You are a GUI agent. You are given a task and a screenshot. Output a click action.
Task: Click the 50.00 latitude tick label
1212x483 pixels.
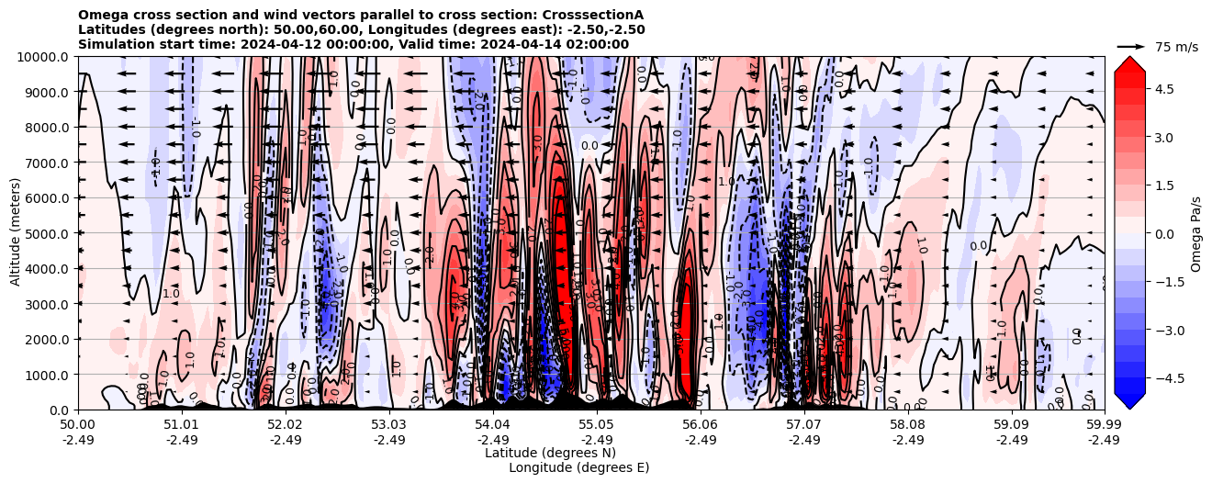[78, 425]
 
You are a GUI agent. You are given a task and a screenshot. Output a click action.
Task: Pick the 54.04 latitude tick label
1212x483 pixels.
[493, 425]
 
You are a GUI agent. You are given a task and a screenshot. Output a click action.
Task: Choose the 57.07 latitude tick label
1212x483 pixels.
[804, 425]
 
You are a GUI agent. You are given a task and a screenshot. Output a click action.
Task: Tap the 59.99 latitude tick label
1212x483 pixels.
[1104, 425]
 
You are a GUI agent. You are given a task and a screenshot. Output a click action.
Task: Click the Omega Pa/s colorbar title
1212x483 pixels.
[1196, 233]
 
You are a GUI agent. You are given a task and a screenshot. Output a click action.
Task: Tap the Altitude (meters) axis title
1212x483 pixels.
[16, 233]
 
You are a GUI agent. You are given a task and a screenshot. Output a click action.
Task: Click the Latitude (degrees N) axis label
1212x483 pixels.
[550, 453]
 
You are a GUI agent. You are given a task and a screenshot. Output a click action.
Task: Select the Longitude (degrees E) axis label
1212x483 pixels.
[578, 467]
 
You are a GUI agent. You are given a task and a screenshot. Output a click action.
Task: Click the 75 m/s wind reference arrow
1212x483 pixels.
[1131, 46]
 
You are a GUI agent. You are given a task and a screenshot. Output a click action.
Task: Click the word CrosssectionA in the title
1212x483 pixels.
[592, 15]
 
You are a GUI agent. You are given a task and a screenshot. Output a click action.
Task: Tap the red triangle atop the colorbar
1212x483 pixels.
[1129, 63]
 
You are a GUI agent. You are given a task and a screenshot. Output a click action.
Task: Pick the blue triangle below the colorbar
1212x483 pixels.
[1129, 400]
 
